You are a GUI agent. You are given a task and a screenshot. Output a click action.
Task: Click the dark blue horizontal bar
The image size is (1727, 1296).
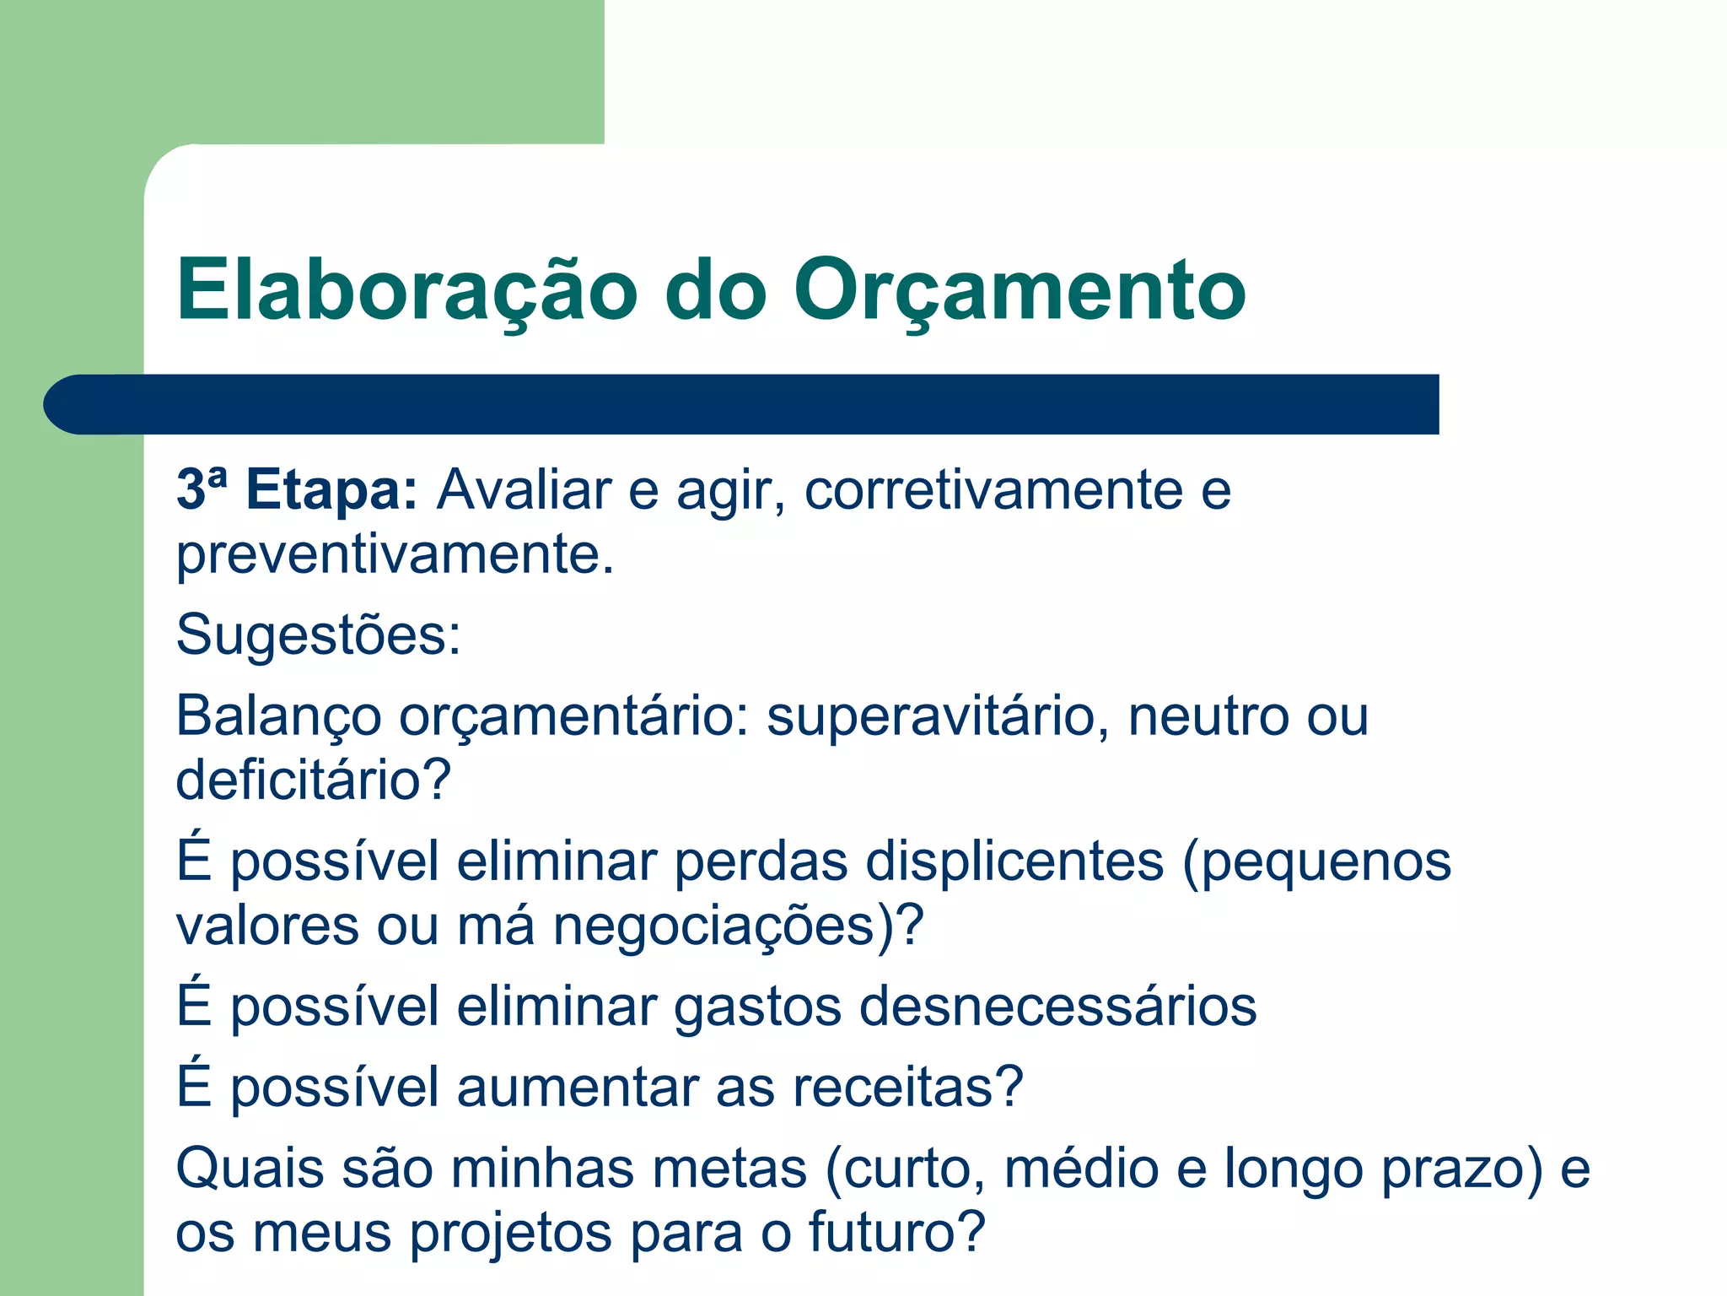[x=742, y=404]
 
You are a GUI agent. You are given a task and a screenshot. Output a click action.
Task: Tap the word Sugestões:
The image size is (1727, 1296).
[x=319, y=634]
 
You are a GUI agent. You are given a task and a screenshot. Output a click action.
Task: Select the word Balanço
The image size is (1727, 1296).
[x=278, y=717]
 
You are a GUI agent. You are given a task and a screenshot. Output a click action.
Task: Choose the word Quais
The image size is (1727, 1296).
[x=250, y=1169]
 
